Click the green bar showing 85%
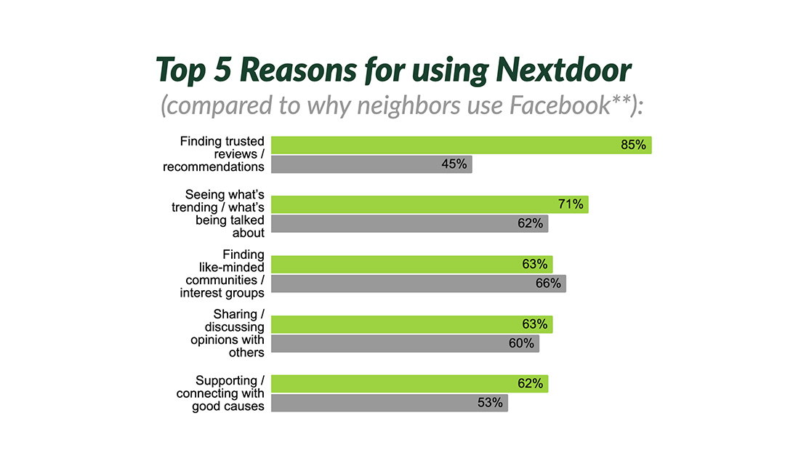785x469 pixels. pyautogui.click(x=461, y=145)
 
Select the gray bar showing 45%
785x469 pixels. pyautogui.click(x=371, y=164)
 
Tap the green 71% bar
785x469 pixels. pyautogui.click(x=429, y=204)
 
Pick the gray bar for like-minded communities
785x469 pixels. pyautogui.click(x=418, y=284)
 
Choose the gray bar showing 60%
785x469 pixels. pyautogui.click(x=405, y=343)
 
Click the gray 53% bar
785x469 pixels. pyautogui.click(x=389, y=403)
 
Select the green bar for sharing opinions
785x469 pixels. pyautogui.click(x=411, y=324)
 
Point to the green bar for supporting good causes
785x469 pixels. pyautogui.click(x=409, y=383)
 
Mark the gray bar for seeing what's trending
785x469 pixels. pyautogui.click(x=409, y=224)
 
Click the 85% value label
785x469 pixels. pyautogui.click(x=633, y=145)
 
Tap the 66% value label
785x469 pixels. pyautogui.click(x=548, y=284)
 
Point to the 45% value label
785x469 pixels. pyautogui.click(x=454, y=164)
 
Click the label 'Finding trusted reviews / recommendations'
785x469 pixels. pyautogui.click(x=222, y=154)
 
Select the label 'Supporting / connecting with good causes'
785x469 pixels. pyautogui.click(x=220, y=393)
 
